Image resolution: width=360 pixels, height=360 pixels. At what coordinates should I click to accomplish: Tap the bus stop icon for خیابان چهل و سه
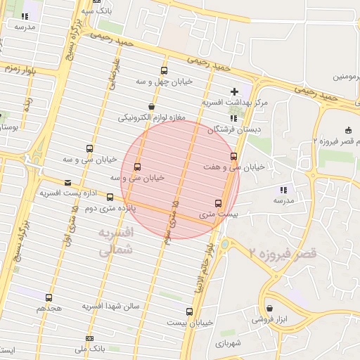[x=165, y=70]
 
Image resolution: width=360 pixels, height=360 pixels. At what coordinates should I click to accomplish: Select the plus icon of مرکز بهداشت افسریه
[x=235, y=91]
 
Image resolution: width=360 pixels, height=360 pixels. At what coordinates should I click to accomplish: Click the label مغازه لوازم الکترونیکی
[x=151, y=117]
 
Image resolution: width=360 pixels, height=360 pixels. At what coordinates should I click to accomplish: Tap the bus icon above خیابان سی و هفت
[x=233, y=156]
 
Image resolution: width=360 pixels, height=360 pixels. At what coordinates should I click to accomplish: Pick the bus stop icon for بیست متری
[x=218, y=203]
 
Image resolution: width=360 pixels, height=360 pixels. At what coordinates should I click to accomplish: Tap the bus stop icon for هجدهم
[x=49, y=298]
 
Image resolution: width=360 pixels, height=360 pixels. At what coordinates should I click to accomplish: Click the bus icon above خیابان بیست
[x=189, y=311]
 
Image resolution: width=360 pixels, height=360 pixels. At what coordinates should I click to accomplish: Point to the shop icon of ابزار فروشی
[x=270, y=308]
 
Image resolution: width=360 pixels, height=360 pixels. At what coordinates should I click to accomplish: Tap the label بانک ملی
[x=89, y=348]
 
